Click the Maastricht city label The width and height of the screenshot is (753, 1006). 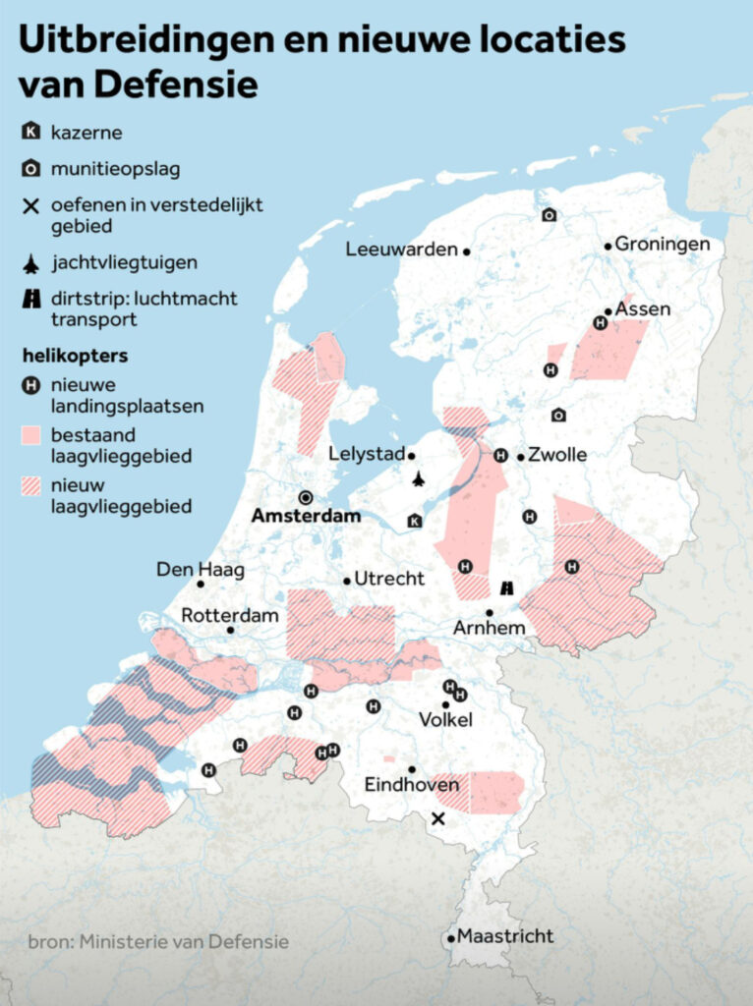505,935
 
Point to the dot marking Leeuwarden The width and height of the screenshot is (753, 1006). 467,251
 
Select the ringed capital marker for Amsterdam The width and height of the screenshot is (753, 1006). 306,497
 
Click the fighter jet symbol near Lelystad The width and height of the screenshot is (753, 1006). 419,479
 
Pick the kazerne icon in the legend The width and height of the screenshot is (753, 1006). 31,132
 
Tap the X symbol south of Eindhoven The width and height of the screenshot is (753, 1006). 438,818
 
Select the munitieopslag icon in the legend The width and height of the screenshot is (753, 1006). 31,169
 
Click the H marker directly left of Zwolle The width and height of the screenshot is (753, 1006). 500,456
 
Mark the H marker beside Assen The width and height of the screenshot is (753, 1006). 600,322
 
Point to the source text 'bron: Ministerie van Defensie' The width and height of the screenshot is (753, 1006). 158,941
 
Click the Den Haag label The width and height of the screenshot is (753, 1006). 201,569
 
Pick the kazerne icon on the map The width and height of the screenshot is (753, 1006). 414,521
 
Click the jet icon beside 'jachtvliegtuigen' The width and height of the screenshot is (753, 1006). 31,262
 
